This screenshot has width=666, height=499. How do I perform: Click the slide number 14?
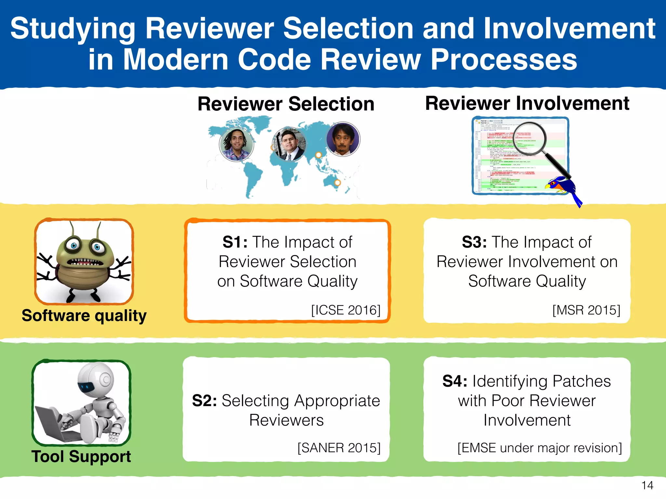click(647, 485)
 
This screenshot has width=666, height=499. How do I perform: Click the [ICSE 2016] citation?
click(346, 310)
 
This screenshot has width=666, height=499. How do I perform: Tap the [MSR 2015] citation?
click(586, 310)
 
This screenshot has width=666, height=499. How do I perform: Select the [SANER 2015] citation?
click(339, 448)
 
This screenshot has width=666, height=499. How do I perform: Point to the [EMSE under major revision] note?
click(539, 448)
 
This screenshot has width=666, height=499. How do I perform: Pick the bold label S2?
click(205, 401)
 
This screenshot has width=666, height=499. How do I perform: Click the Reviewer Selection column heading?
click(286, 104)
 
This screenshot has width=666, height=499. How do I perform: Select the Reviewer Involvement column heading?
click(527, 103)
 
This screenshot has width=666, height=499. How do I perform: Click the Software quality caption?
click(84, 315)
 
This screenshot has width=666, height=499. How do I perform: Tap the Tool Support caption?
click(81, 456)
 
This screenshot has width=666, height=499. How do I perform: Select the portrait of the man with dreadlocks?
click(236, 144)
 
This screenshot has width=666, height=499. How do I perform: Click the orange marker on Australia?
click(338, 183)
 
